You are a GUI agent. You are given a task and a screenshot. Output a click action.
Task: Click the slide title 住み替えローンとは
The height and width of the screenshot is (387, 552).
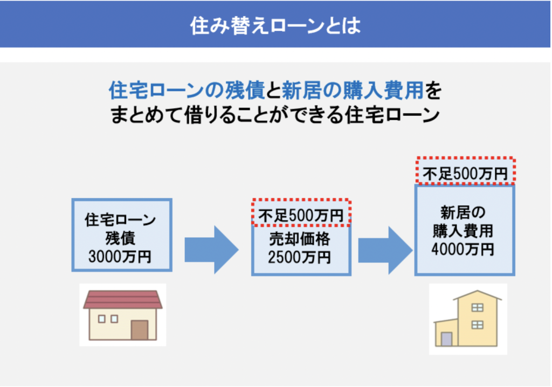(275, 26)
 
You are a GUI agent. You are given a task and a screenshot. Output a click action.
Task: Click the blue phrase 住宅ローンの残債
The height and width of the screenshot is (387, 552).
(187, 90)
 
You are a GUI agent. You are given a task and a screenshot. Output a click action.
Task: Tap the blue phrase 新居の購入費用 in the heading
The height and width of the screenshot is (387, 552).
(353, 90)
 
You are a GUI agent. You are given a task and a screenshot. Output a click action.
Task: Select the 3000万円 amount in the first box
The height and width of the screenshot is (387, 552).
(120, 257)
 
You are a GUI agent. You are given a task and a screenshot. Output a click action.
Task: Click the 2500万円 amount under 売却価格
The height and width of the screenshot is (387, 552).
(300, 258)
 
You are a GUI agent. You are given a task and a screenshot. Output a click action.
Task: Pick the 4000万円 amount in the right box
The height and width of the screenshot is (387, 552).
(463, 250)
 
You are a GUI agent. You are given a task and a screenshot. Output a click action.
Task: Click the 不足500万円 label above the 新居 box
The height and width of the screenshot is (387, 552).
(465, 174)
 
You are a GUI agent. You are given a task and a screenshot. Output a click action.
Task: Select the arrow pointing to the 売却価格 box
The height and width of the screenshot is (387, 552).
(211, 250)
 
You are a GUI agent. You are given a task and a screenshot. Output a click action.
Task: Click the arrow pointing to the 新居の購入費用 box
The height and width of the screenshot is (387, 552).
(385, 250)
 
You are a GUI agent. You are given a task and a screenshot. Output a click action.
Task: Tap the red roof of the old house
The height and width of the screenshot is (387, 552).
(123, 300)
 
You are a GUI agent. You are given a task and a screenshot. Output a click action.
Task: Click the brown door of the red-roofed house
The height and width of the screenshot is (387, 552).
(140, 330)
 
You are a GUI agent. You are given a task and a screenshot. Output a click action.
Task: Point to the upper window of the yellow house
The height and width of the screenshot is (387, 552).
(478, 307)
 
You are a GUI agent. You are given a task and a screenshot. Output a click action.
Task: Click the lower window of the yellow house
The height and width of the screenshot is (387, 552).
(478, 324)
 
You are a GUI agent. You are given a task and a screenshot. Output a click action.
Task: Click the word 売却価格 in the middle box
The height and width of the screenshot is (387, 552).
(300, 239)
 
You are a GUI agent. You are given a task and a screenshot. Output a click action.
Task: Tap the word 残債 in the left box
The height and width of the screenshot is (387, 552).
(120, 238)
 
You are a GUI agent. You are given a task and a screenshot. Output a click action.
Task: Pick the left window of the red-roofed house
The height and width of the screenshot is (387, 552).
(102, 319)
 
